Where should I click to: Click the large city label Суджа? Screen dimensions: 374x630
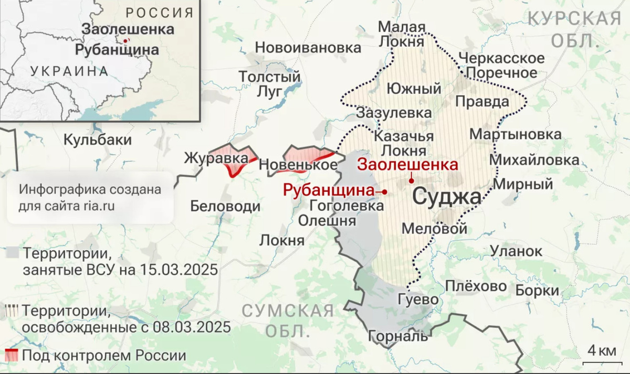(446, 198)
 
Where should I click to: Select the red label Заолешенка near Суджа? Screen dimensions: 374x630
(407, 164)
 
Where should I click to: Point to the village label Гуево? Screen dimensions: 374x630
(418, 300)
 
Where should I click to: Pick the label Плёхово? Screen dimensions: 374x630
(476, 286)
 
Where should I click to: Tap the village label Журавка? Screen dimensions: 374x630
(216, 157)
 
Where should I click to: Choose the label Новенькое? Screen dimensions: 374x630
(298, 165)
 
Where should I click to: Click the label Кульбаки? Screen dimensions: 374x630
(98, 140)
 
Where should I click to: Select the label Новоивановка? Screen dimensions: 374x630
(308, 48)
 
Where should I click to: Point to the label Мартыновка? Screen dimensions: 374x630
(515, 134)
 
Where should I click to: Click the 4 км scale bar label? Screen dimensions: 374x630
(601, 350)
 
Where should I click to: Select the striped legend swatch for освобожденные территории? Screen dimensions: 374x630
(11, 310)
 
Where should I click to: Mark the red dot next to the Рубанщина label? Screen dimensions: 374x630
(385, 192)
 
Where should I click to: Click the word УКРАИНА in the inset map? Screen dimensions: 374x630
(69, 71)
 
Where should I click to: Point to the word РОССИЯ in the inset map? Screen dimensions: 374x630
(160, 13)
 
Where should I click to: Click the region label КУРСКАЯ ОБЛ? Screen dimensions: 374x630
(574, 29)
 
